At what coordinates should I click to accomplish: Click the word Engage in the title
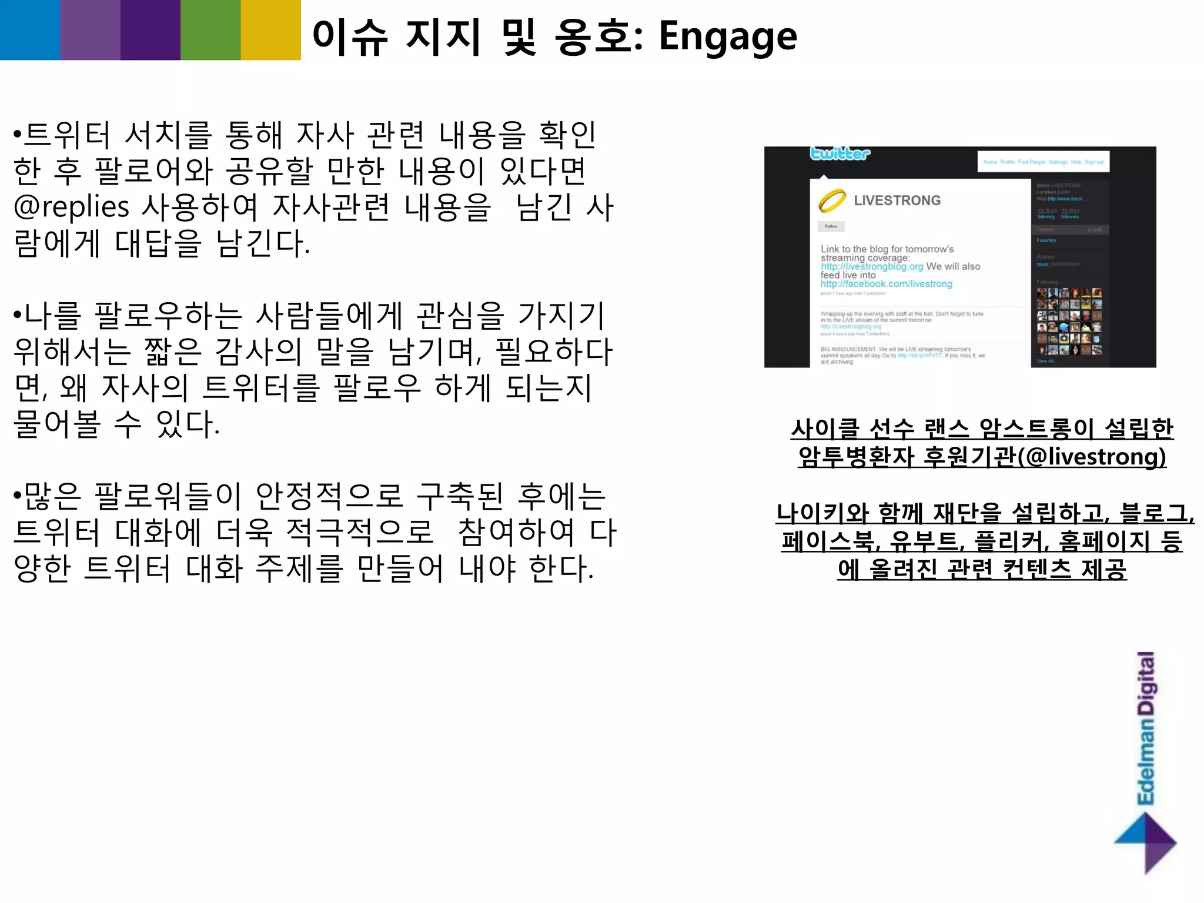[728, 37]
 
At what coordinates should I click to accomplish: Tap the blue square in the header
[30, 29]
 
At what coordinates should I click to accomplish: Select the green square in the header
[210, 29]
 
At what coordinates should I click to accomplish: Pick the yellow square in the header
[270, 29]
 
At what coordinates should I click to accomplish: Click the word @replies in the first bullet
[71, 207]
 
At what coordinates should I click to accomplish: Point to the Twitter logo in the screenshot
[840, 154]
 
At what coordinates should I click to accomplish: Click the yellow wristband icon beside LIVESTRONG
[832, 200]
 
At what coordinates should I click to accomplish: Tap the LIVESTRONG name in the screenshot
[897, 200]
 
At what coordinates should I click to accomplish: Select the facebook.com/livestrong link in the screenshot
[886, 284]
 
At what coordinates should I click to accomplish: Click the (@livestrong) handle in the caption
[1092, 457]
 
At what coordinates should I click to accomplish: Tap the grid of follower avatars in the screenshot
[1069, 321]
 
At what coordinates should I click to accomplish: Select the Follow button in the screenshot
[831, 226]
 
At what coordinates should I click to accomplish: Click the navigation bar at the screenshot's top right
[1043, 162]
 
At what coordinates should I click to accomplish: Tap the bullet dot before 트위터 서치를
[17, 135]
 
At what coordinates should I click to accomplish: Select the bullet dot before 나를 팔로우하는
[17, 316]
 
